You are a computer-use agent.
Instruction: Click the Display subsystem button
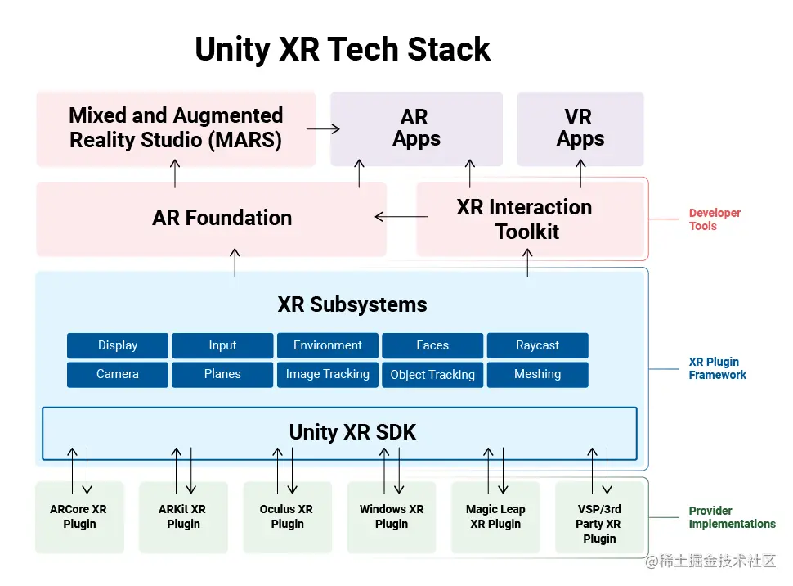(118, 345)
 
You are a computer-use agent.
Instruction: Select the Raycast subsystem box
(538, 345)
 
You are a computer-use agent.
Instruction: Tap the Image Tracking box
(328, 374)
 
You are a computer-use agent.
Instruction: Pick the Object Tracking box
(432, 374)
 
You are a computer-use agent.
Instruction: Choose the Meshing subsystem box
(538, 374)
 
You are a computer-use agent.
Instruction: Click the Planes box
(222, 374)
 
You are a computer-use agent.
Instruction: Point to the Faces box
(432, 345)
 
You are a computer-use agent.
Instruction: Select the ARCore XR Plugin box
(79, 517)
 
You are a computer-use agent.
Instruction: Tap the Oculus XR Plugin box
(287, 517)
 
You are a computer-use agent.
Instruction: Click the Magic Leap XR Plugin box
(495, 517)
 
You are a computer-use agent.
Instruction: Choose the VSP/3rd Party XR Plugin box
(599, 517)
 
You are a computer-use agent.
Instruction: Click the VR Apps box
(580, 128)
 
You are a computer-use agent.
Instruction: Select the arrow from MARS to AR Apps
(323, 128)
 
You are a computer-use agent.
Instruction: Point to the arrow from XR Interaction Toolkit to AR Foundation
(401, 217)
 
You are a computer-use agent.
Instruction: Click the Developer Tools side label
(715, 219)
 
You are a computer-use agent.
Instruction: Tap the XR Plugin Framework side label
(717, 368)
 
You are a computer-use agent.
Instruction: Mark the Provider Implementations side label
(732, 517)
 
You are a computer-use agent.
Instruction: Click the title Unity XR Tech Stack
(343, 49)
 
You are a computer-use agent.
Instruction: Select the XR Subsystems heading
(352, 304)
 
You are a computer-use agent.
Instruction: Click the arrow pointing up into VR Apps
(580, 174)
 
